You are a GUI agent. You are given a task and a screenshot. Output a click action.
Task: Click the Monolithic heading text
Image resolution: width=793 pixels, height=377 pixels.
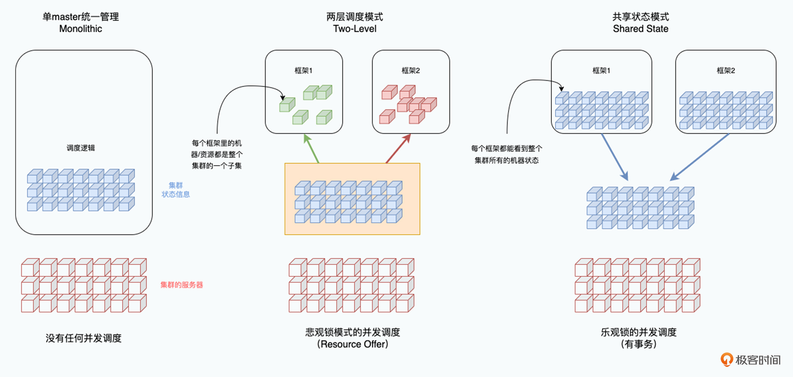coord(80,29)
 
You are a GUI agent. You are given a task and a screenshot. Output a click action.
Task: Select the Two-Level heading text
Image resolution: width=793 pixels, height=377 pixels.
coord(354,29)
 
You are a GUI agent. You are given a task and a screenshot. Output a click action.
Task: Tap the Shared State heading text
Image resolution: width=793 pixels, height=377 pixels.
coord(640,29)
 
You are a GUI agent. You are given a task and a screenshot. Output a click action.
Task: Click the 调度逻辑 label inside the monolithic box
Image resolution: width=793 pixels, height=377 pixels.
coord(80,148)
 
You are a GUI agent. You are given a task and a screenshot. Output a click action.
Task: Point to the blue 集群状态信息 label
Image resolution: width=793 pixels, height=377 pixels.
coord(176,190)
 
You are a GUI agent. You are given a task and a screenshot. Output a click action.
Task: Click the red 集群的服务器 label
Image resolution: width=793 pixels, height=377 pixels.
coord(182,285)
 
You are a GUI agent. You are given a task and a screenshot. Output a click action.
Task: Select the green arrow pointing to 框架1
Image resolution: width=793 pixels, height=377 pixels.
coord(312,148)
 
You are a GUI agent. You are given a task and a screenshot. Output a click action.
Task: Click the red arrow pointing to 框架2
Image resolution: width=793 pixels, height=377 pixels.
coord(398,148)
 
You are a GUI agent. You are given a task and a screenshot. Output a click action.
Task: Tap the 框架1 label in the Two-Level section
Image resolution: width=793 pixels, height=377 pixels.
coord(303,71)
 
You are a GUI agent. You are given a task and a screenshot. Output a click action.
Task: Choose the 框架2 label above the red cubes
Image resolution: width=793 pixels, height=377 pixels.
coord(410,71)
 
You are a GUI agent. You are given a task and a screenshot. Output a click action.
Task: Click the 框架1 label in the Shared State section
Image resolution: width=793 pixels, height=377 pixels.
coord(601,71)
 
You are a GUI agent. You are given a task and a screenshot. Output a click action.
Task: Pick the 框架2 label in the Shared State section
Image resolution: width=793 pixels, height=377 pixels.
coord(726,71)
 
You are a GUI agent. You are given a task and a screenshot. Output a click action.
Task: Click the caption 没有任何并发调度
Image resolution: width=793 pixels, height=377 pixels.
coord(83,338)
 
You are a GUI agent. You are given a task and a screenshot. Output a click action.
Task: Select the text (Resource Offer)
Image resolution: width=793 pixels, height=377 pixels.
coord(352,344)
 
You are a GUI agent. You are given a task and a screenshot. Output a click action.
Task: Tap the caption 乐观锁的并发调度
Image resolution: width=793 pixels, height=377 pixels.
coord(638,332)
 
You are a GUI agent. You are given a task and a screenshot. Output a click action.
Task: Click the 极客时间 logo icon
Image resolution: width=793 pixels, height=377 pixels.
coord(726,360)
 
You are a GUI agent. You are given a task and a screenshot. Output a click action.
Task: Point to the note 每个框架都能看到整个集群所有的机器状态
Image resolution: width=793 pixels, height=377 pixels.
coord(506,154)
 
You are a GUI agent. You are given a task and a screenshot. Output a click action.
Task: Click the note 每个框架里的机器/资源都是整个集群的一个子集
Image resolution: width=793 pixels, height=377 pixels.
coord(216,154)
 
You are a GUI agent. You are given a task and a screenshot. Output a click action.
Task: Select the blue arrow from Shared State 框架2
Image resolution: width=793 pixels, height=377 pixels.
coord(700,157)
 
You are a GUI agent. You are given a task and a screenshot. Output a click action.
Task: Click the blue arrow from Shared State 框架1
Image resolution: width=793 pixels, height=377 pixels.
coord(615,157)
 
